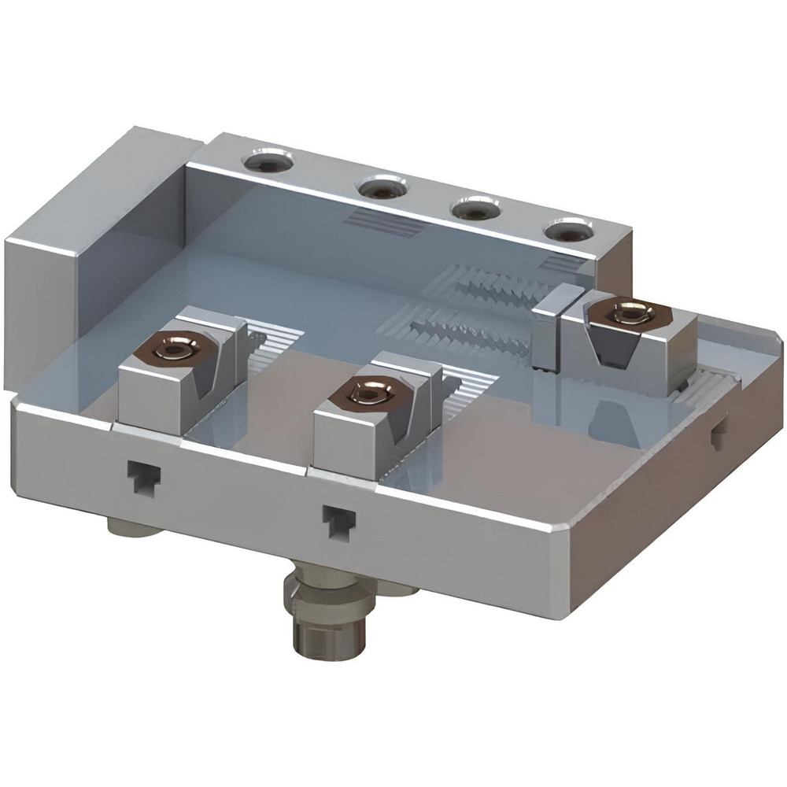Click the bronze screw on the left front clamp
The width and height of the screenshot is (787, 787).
coord(174,349)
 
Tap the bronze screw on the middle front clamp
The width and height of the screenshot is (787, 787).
coord(368,391)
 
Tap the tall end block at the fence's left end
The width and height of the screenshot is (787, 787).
coord(55,268)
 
